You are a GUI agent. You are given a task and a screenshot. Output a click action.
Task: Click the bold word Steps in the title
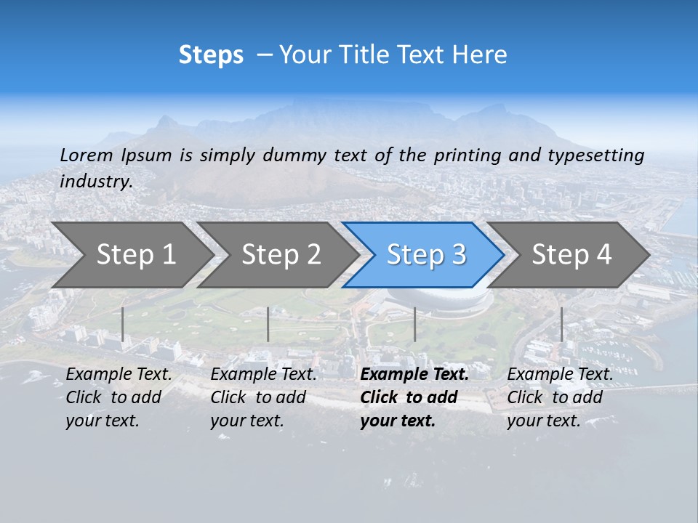tap(211, 55)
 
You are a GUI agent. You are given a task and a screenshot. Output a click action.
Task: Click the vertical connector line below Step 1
tap(123, 324)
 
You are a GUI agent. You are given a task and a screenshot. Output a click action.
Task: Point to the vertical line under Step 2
tap(268, 324)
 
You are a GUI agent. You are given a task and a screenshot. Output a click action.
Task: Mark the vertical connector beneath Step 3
tap(414, 324)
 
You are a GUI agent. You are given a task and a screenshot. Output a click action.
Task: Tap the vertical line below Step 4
tap(561, 324)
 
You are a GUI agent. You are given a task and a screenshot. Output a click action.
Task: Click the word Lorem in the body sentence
tap(87, 155)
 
